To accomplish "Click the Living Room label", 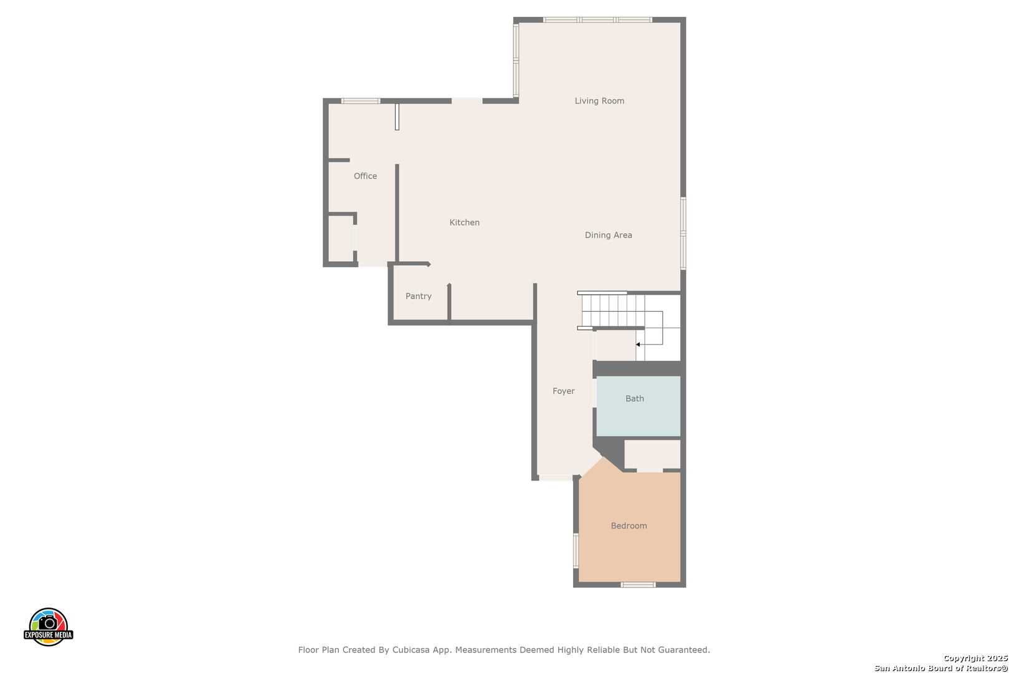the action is tap(600, 101).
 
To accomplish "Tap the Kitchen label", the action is tap(465, 222).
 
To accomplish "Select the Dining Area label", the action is tap(608, 235).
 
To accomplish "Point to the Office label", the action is tap(366, 176).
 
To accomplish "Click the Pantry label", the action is tap(419, 296).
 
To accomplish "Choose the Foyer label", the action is tap(564, 391).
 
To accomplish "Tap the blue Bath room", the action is tap(638, 406).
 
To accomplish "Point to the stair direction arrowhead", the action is tap(638, 345).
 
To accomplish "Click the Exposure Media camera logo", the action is tap(48, 626).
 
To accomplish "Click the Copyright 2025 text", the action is tap(975, 658).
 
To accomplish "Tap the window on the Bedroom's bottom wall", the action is tap(638, 585).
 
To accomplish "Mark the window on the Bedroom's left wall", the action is tap(576, 550).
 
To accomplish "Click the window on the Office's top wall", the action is tap(361, 101).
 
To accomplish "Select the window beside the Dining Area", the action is tap(683, 234).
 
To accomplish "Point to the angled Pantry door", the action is tap(438, 275).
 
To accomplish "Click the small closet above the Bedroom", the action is tap(652, 454).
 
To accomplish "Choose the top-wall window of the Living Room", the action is tap(597, 20).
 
